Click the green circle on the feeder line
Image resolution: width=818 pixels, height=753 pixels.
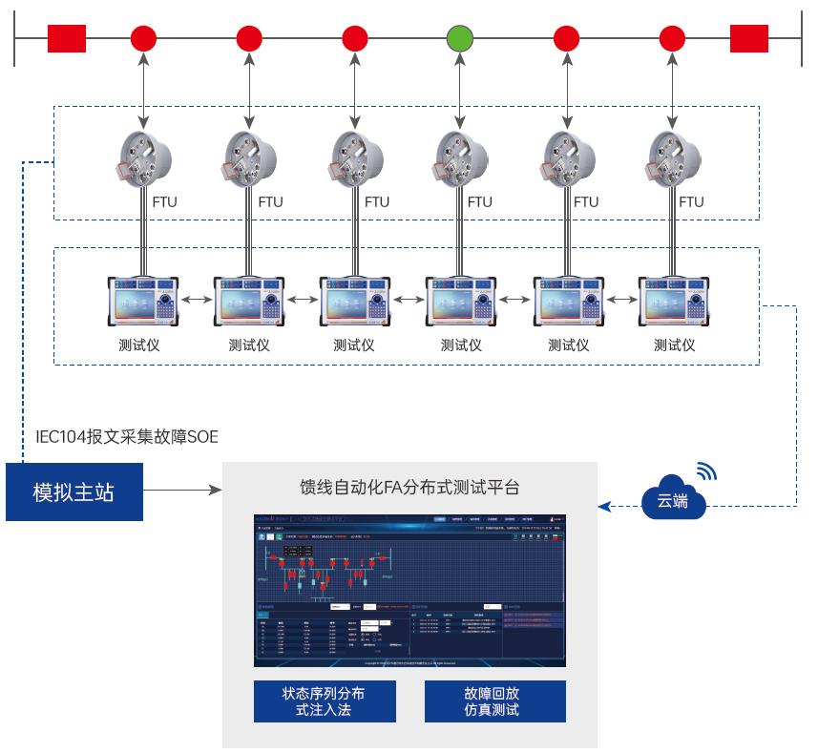(x=460, y=39)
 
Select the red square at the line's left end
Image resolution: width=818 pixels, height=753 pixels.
(x=67, y=39)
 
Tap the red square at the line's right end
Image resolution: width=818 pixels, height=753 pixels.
(x=749, y=39)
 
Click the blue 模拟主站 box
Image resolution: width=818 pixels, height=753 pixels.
(x=73, y=492)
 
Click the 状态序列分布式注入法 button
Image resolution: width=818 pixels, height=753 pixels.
(x=325, y=701)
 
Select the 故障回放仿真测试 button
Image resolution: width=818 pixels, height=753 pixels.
(x=494, y=701)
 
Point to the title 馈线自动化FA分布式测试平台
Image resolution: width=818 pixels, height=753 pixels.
(x=409, y=487)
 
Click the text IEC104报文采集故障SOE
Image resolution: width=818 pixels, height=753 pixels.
(x=126, y=437)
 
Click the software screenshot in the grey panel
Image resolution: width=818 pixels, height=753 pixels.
(x=409, y=591)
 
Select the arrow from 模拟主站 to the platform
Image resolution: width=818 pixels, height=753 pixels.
(x=182, y=492)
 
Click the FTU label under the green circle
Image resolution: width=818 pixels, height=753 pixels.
(x=480, y=202)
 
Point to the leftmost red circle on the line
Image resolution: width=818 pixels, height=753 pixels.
(x=143, y=39)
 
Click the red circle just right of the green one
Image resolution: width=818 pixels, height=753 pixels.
(x=567, y=39)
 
